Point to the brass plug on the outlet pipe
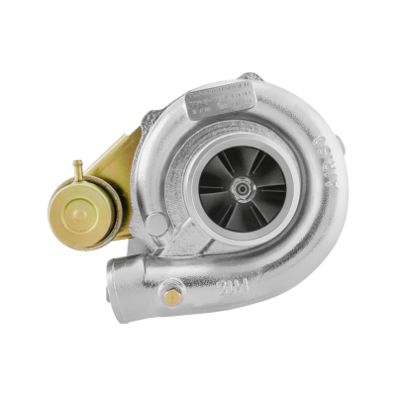[174, 296]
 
